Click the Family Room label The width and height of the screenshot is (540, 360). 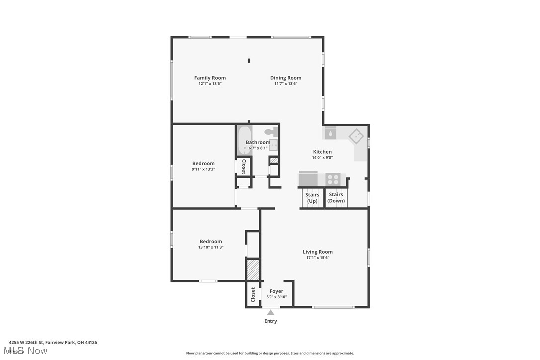pos(210,78)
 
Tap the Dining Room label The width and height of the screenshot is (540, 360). pos(286,78)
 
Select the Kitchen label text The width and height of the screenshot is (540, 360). pos(322,152)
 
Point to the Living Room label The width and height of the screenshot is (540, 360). pos(318,252)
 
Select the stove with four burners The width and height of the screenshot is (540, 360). pos(333,179)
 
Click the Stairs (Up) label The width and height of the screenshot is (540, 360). pos(312,198)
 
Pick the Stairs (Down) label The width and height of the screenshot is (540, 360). pos(336,198)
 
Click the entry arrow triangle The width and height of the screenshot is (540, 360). pos(270,312)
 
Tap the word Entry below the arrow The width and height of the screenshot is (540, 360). pos(270,321)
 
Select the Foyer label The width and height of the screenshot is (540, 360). pos(276,291)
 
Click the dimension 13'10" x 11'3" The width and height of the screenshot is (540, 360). pos(211,247)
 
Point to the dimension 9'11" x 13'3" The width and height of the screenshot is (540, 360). pos(203,169)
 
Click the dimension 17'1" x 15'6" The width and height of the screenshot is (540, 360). pos(318,258)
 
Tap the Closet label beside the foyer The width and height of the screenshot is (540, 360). pos(253,295)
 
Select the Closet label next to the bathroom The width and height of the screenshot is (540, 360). pos(244,166)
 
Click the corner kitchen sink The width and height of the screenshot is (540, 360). pos(356,136)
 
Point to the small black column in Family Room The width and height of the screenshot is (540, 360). pos(249,61)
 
